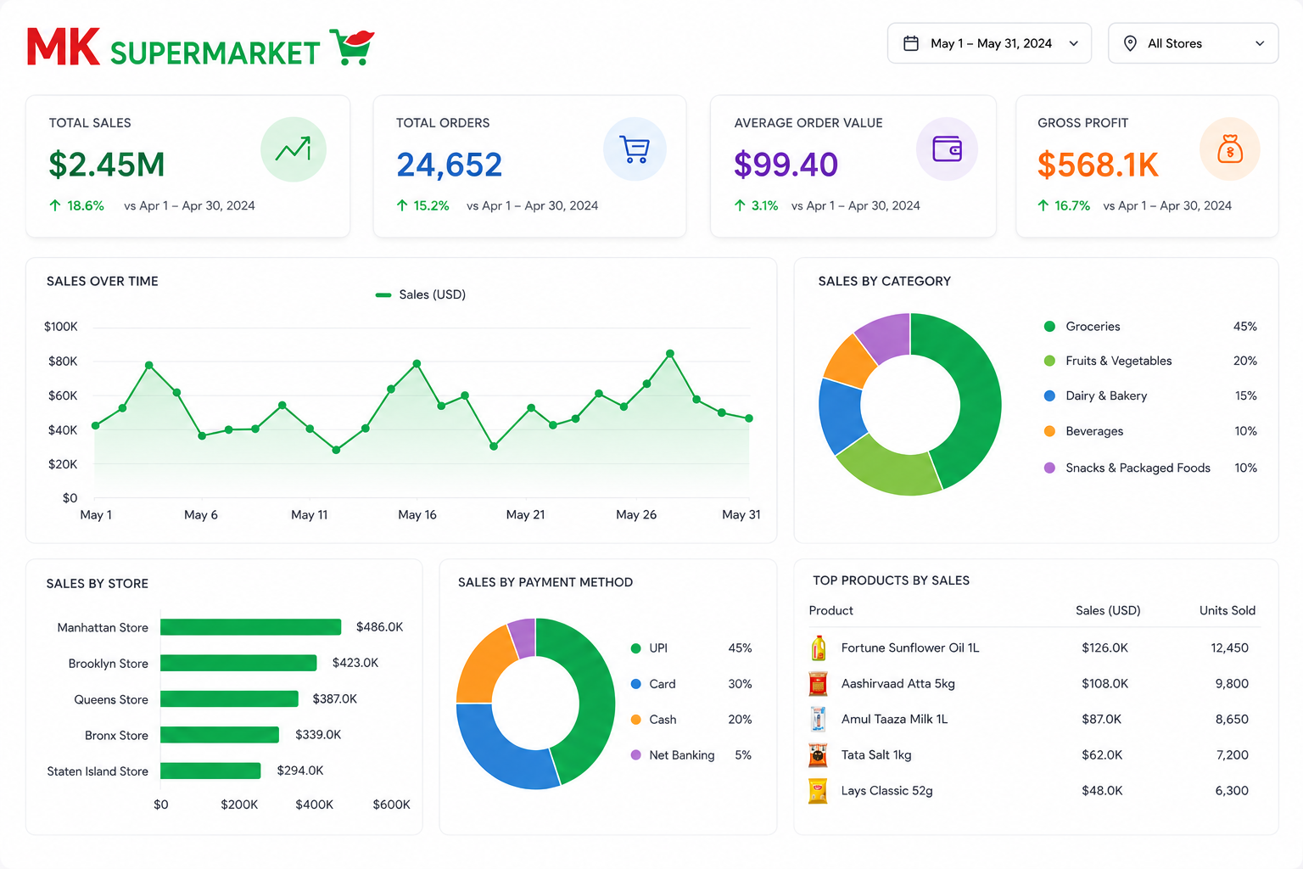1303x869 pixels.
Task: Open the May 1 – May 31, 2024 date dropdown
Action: [x=989, y=43]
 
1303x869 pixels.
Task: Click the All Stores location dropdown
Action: [x=1193, y=43]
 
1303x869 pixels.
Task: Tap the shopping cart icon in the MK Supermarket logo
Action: [x=353, y=47]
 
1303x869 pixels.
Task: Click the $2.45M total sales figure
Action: [x=107, y=164]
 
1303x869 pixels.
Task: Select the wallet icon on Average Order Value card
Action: [x=947, y=149]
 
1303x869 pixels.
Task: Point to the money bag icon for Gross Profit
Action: [x=1230, y=149]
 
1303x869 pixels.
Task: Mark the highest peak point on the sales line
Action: [x=670, y=353]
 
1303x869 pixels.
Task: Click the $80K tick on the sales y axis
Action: [x=63, y=361]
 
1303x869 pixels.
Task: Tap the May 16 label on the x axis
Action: [x=417, y=514]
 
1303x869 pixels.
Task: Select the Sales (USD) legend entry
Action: [x=421, y=294]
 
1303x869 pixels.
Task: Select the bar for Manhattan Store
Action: [x=251, y=627]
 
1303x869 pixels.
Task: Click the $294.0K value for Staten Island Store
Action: [x=300, y=771]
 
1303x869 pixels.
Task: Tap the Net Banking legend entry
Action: [x=674, y=755]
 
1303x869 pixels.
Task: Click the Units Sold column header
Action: [x=1228, y=610]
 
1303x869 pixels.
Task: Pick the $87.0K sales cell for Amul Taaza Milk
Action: [x=1101, y=720]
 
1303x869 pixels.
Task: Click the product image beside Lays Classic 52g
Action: [x=818, y=791]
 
